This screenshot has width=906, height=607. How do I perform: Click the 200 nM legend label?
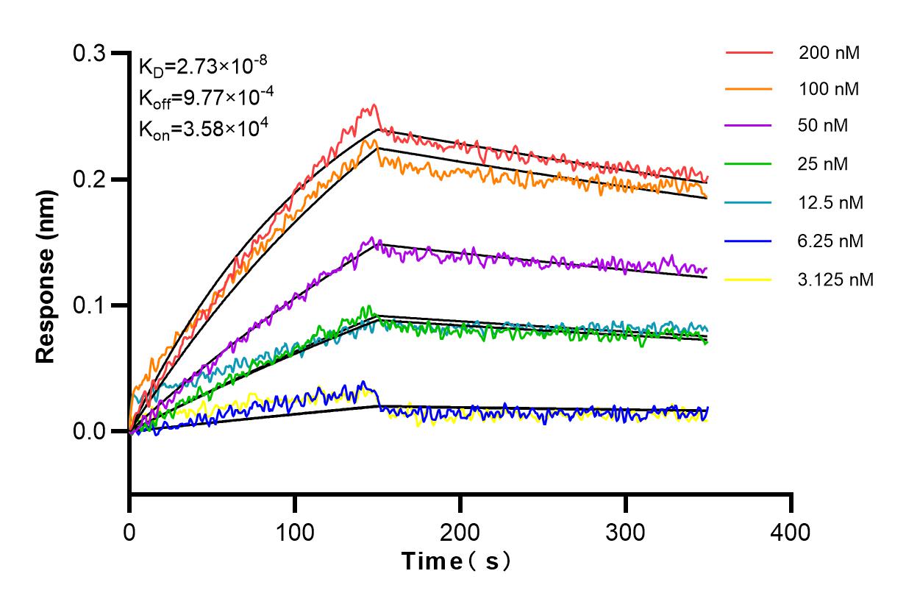pyautogui.click(x=830, y=53)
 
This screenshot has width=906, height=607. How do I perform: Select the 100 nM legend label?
pyautogui.click(x=830, y=90)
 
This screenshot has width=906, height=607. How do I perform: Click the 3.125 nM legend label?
pyautogui.click(x=835, y=280)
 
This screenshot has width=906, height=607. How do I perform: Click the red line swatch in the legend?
pyautogui.click(x=749, y=53)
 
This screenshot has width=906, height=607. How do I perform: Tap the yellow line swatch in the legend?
pyautogui.click(x=749, y=280)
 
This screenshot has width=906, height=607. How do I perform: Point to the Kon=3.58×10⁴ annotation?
pyautogui.click(x=203, y=129)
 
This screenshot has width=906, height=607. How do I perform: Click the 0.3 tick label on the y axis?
pyautogui.click(x=90, y=54)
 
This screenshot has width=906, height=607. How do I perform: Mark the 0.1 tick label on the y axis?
pyautogui.click(x=90, y=305)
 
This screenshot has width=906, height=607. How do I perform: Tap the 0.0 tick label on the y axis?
pyautogui.click(x=90, y=431)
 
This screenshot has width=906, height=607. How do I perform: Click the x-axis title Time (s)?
pyautogui.click(x=456, y=562)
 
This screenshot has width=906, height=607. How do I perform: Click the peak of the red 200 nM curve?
pyautogui.click(x=374, y=105)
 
